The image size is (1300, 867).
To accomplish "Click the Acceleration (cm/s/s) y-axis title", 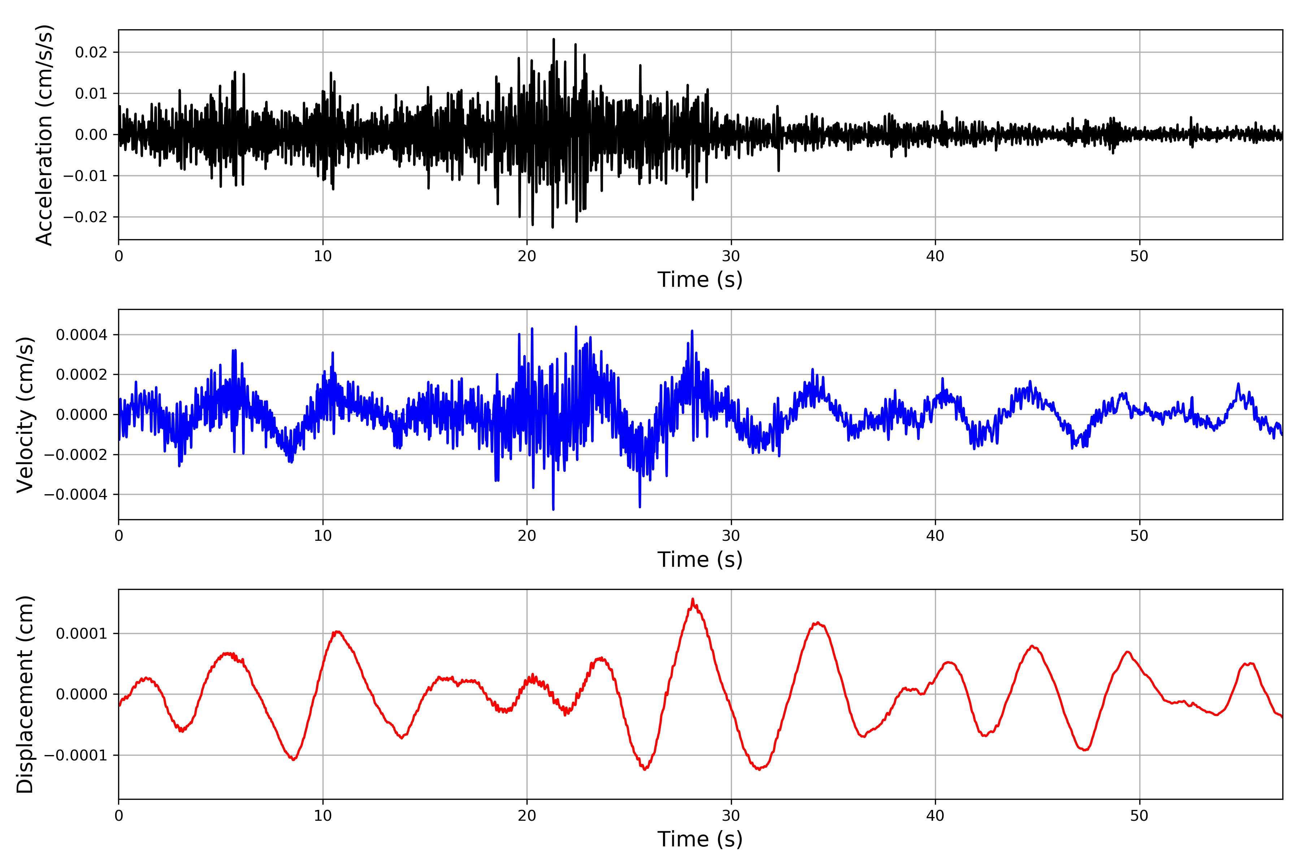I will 44,134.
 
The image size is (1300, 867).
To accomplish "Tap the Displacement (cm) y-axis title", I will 25,694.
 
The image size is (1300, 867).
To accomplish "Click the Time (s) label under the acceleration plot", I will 700,280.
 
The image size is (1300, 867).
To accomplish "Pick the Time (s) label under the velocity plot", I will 700,560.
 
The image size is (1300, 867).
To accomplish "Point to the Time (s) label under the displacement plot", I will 700,839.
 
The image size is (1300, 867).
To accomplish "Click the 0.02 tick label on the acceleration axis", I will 91,52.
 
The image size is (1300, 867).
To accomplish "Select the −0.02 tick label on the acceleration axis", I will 86,217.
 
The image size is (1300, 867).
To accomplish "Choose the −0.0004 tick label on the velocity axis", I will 76,494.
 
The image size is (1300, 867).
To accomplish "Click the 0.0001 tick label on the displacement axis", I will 82,634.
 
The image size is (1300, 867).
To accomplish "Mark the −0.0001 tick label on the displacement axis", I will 76,755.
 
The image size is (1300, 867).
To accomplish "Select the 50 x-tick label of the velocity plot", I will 1139,536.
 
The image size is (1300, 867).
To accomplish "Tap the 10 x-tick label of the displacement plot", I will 323,816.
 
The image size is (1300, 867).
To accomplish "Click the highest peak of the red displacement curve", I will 693,599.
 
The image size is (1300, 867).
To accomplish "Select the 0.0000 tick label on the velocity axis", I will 82,415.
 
